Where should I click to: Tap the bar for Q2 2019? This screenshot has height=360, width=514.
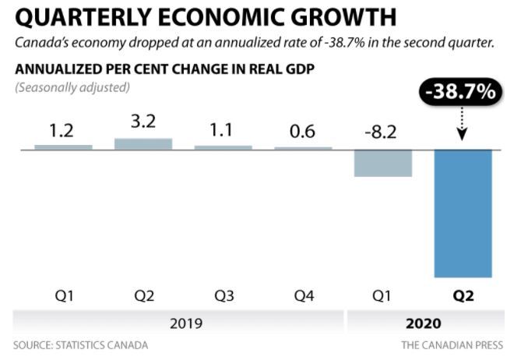tap(144, 143)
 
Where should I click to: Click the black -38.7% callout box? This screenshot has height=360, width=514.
tap(459, 92)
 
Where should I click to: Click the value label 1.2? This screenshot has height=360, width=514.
tap(63, 129)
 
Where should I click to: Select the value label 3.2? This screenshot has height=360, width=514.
tap(144, 123)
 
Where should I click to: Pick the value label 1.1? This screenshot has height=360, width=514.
tap(223, 129)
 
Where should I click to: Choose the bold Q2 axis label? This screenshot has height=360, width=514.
tap(463, 297)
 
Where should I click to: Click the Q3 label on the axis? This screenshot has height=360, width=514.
tap(223, 297)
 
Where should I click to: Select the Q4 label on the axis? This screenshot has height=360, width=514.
tap(302, 297)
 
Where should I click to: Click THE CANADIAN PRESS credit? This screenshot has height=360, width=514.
tap(452, 344)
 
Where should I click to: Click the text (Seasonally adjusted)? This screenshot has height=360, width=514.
tap(72, 87)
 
